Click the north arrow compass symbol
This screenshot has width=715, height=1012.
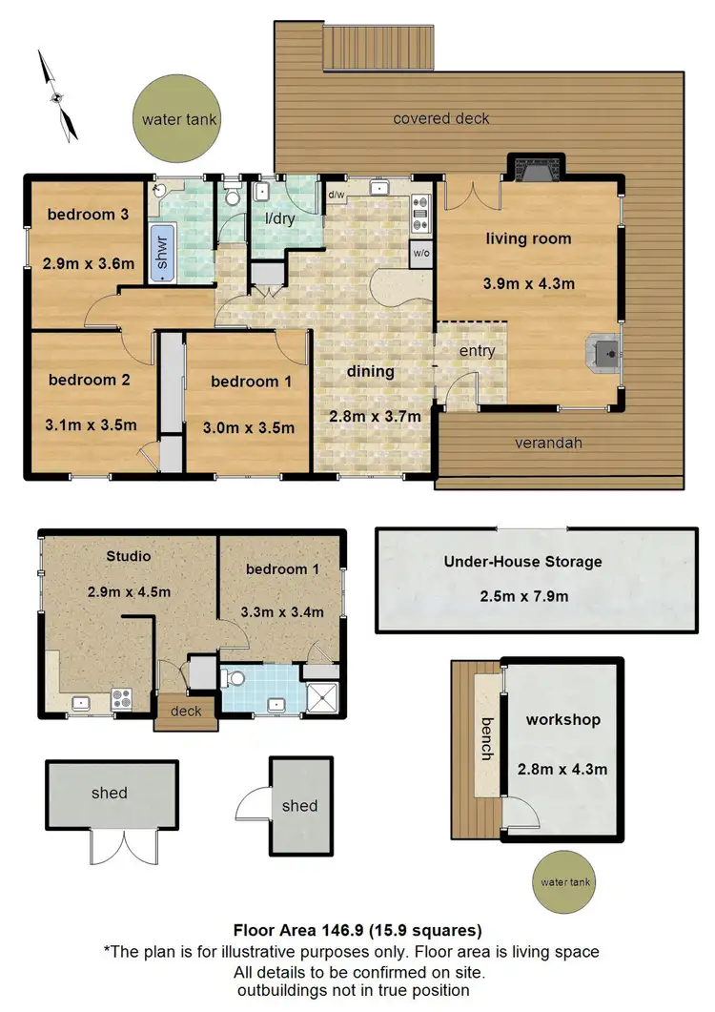(x=58, y=95)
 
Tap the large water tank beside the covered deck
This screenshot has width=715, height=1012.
(x=180, y=120)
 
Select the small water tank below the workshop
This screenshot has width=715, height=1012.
(x=564, y=882)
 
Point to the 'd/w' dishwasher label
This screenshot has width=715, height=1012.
(x=336, y=196)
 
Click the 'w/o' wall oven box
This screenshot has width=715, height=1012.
(x=419, y=254)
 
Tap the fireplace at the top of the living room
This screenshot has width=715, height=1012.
(x=533, y=169)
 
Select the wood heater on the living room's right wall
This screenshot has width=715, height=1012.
(x=603, y=354)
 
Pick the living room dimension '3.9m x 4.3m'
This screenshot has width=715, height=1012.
(x=529, y=283)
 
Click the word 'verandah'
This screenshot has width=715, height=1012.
(x=548, y=443)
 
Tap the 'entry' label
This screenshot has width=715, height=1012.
(x=477, y=351)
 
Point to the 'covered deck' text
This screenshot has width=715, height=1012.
(x=441, y=118)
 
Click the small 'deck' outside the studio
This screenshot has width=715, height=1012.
(x=186, y=712)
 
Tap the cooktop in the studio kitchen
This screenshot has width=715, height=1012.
(x=121, y=698)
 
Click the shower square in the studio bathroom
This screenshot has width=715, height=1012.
(x=321, y=697)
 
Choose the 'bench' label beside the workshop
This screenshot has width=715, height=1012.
(x=486, y=737)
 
